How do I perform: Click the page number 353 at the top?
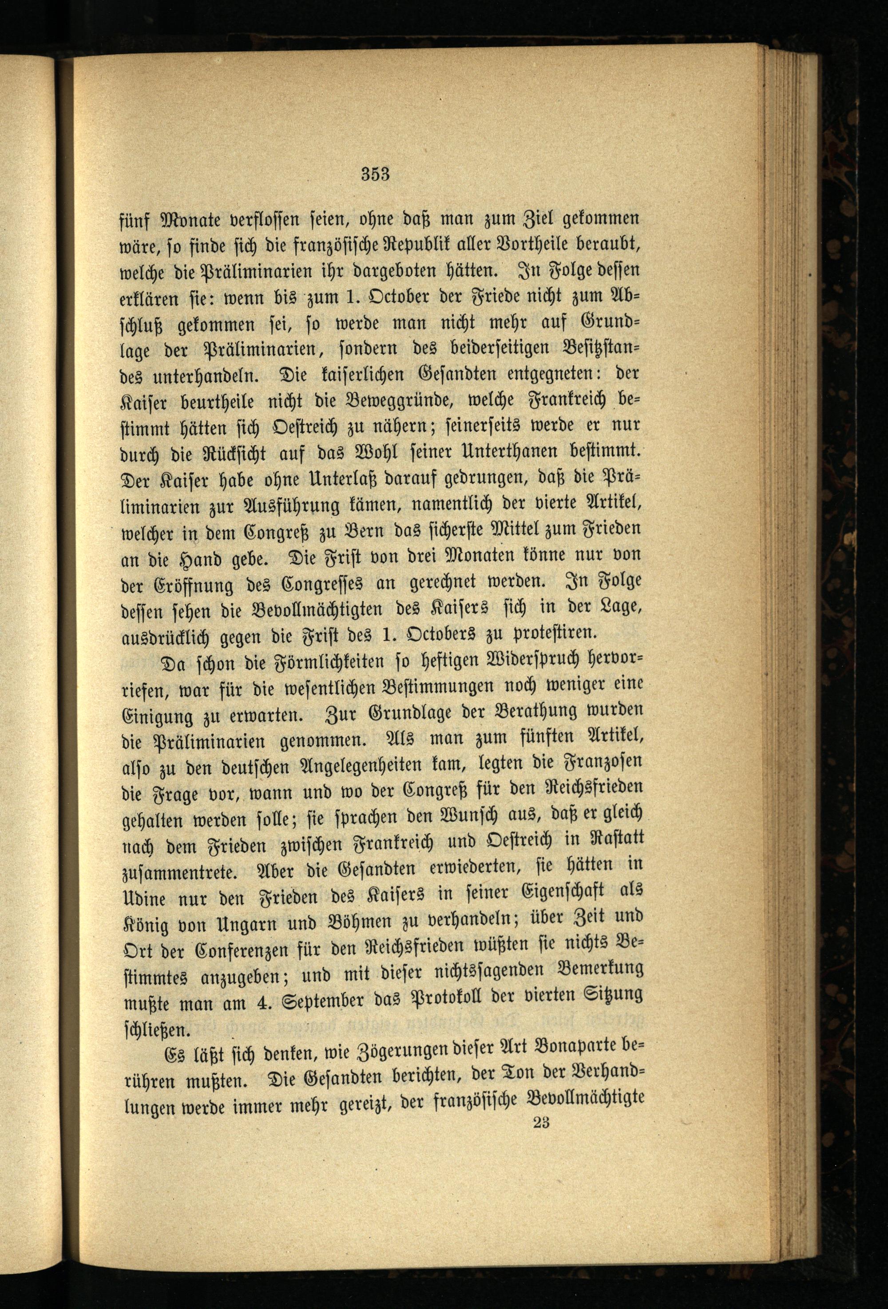(376, 174)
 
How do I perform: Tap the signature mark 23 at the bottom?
(540, 1291)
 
